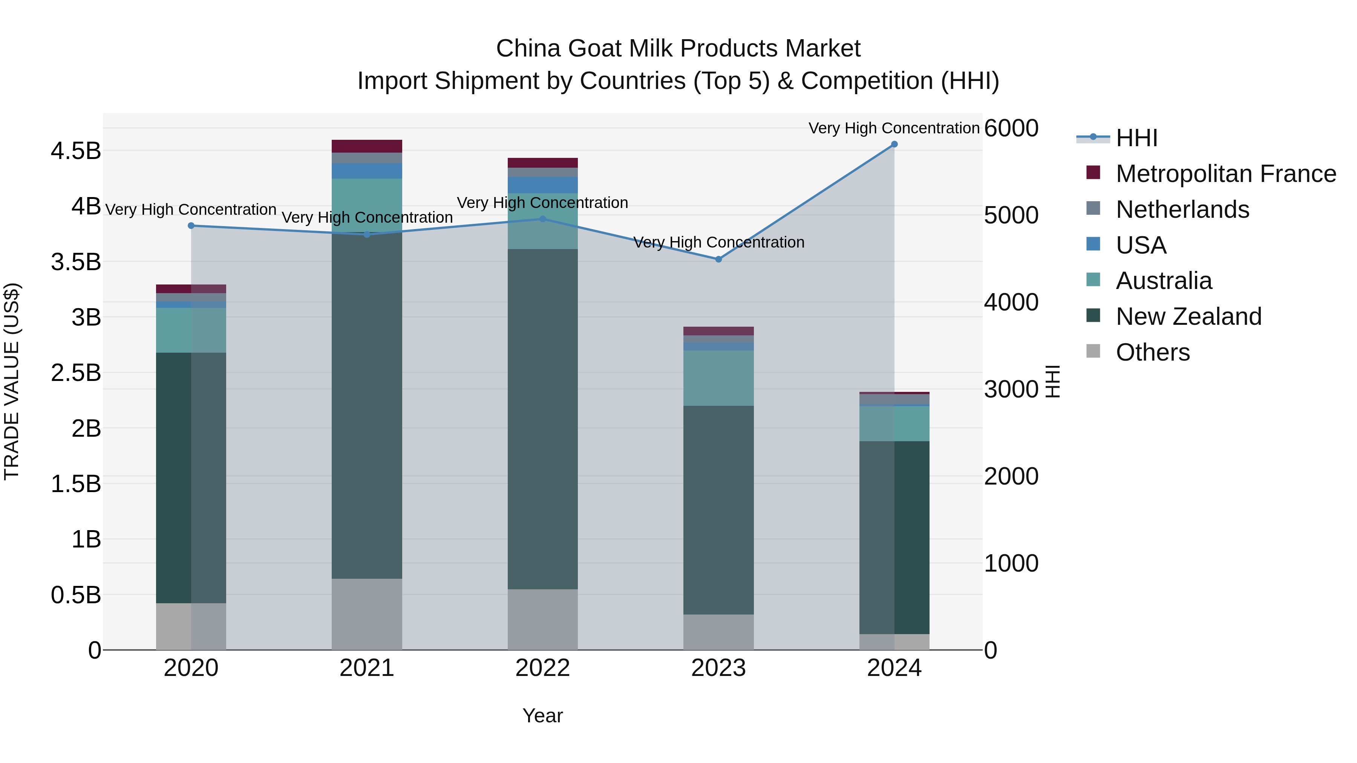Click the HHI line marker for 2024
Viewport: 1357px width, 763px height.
(894, 144)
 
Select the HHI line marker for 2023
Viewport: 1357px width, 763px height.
(718, 259)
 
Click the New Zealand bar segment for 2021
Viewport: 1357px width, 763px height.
(367, 405)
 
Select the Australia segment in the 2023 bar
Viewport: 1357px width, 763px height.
(718, 378)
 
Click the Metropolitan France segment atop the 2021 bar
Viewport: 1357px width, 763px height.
(367, 146)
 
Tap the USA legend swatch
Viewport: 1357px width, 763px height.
(1093, 244)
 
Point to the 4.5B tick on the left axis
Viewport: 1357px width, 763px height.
(76, 151)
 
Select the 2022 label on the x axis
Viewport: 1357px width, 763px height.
(542, 668)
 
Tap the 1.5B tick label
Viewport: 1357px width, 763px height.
(76, 484)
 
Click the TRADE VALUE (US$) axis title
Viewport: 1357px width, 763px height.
(12, 381)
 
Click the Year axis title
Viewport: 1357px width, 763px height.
(542, 716)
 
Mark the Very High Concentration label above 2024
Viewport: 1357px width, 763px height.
(894, 128)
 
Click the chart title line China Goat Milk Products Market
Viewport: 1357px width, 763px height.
(678, 49)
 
